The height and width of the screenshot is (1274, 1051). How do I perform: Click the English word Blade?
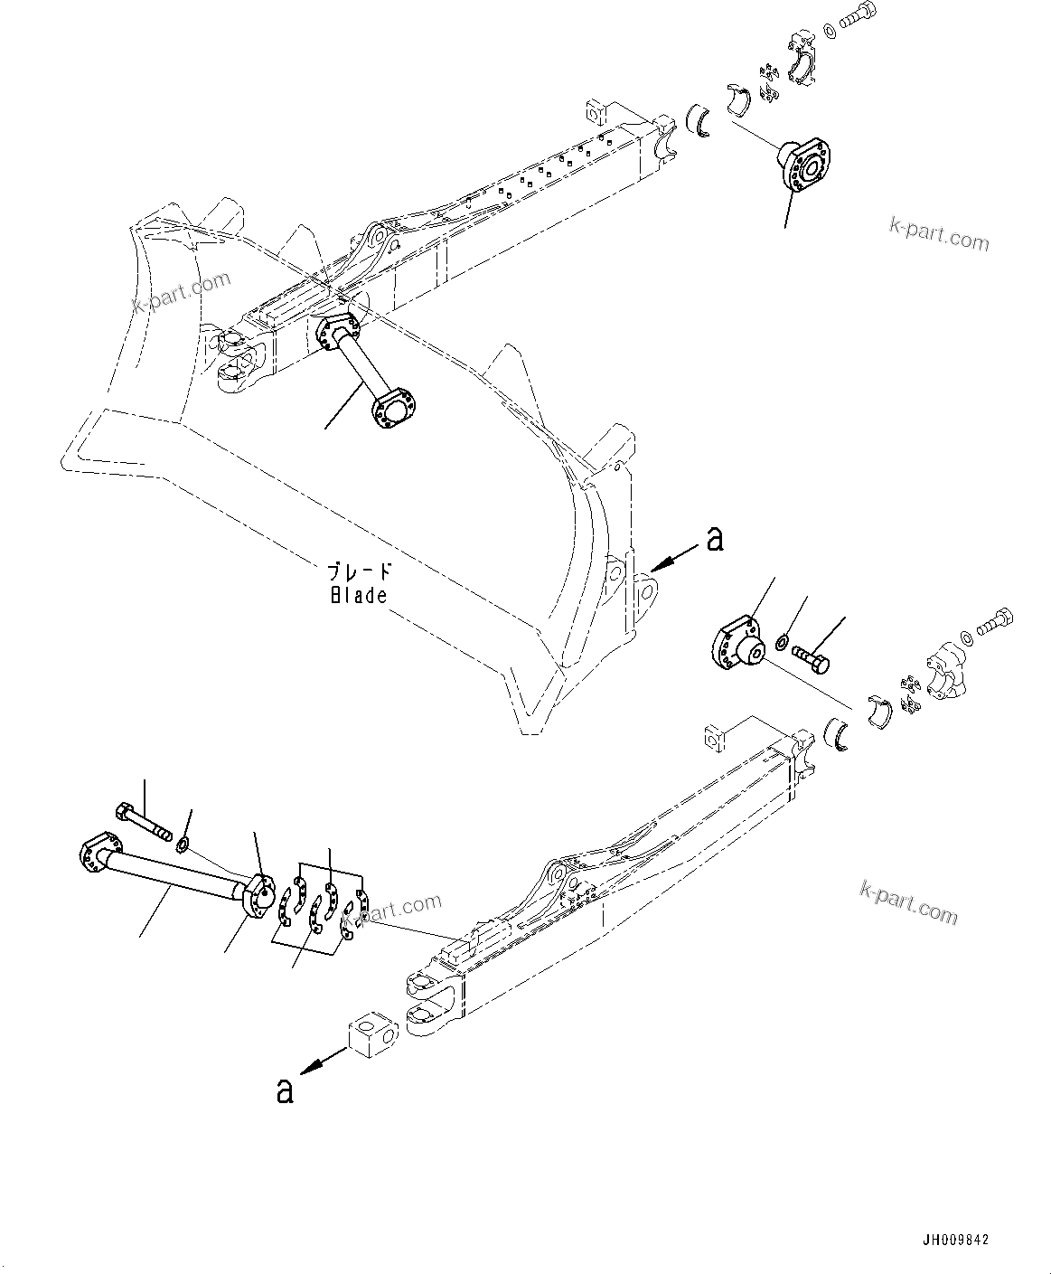pyautogui.click(x=358, y=595)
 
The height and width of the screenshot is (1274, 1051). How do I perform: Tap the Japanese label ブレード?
pyautogui.click(x=360, y=572)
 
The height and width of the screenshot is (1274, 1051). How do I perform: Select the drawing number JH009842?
pyautogui.click(x=956, y=1240)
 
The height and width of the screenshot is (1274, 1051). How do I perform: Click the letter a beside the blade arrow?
pyautogui.click(x=715, y=539)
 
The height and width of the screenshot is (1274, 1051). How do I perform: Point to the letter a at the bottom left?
pyautogui.click(x=285, y=1090)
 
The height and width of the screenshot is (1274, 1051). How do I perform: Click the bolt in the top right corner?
pyautogui.click(x=859, y=21)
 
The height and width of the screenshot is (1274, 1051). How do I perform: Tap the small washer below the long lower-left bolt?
pyautogui.click(x=183, y=845)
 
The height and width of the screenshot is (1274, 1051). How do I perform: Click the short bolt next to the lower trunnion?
pyautogui.click(x=812, y=657)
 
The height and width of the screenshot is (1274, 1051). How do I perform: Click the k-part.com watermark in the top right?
pyautogui.click(x=939, y=234)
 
